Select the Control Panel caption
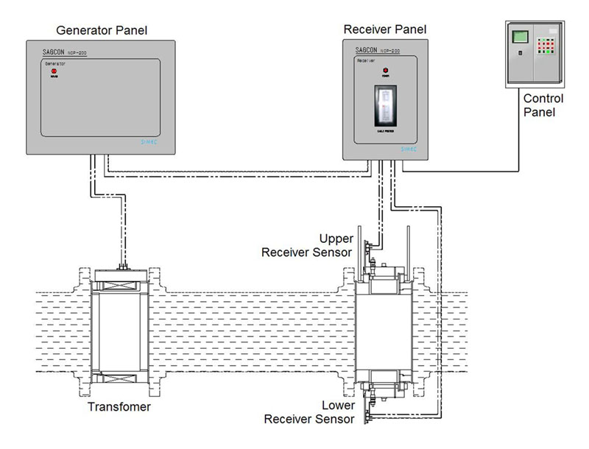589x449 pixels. [543, 105]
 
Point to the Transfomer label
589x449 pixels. [119, 407]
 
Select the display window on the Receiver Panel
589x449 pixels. [385, 105]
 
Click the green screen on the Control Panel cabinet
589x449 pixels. [521, 37]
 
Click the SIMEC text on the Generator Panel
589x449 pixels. [147, 144]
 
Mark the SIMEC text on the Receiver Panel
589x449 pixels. [409, 148]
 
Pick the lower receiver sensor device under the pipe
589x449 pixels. [385, 385]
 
